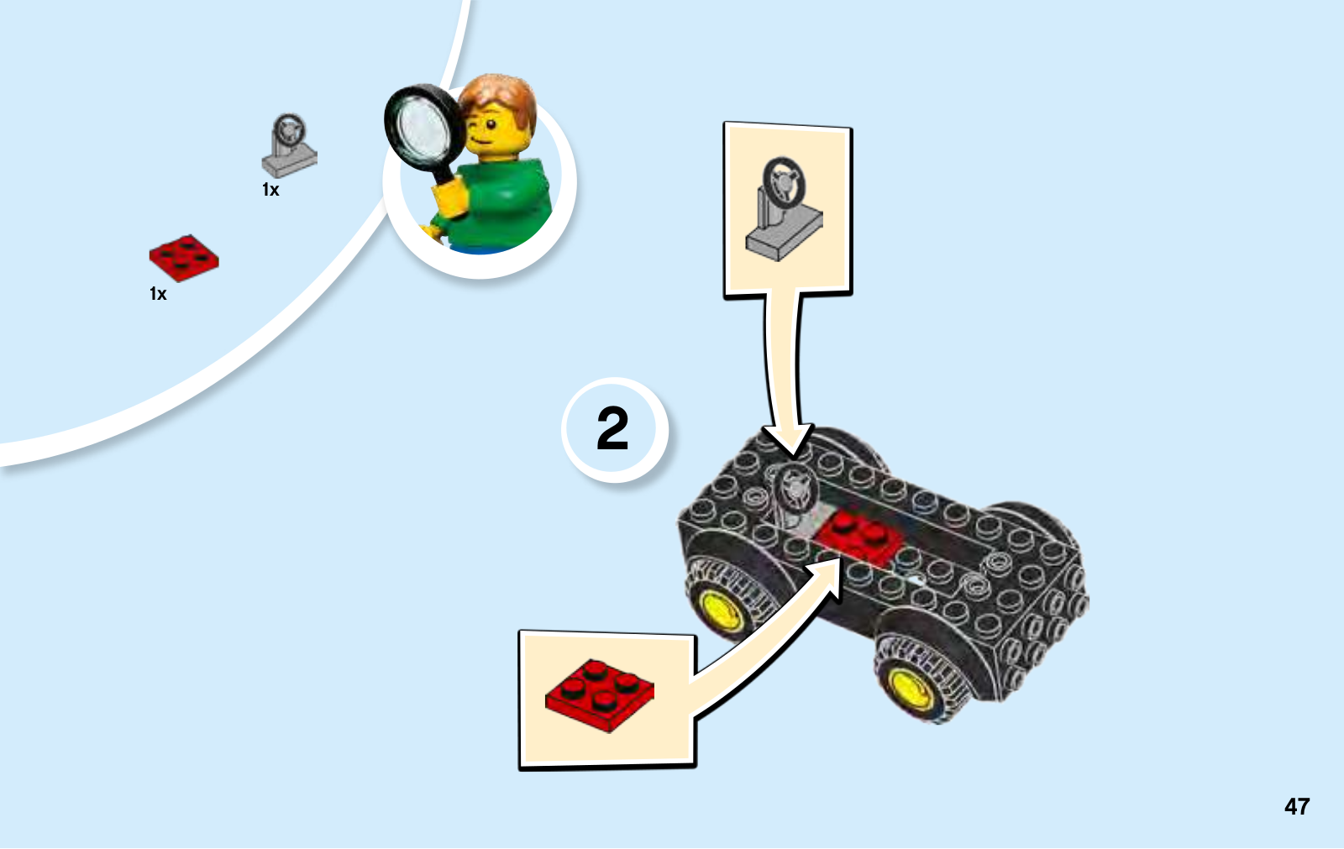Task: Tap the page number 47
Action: (x=1297, y=806)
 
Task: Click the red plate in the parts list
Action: (x=184, y=258)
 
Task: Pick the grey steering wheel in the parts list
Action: (x=289, y=146)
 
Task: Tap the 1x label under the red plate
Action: (x=158, y=293)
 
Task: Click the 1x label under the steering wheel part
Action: (x=270, y=190)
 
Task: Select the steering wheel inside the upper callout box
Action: (x=784, y=209)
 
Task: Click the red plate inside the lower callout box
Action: (x=600, y=694)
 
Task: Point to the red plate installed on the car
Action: (x=858, y=537)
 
